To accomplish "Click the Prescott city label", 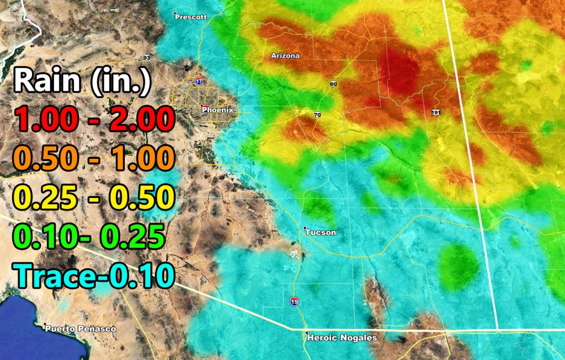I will (x=191, y=17).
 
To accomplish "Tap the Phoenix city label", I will (x=218, y=110).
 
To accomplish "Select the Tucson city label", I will (x=321, y=233).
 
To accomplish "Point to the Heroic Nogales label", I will (x=343, y=338).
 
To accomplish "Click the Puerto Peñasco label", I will (x=81, y=329).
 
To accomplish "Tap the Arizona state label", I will (x=285, y=56).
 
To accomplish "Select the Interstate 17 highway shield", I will (x=199, y=81).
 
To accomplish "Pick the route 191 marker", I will (x=436, y=112).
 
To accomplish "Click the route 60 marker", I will (x=333, y=84).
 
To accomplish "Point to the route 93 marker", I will (x=146, y=58).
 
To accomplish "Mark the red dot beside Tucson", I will (x=305, y=228).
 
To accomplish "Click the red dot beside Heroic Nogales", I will (x=307, y=333).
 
